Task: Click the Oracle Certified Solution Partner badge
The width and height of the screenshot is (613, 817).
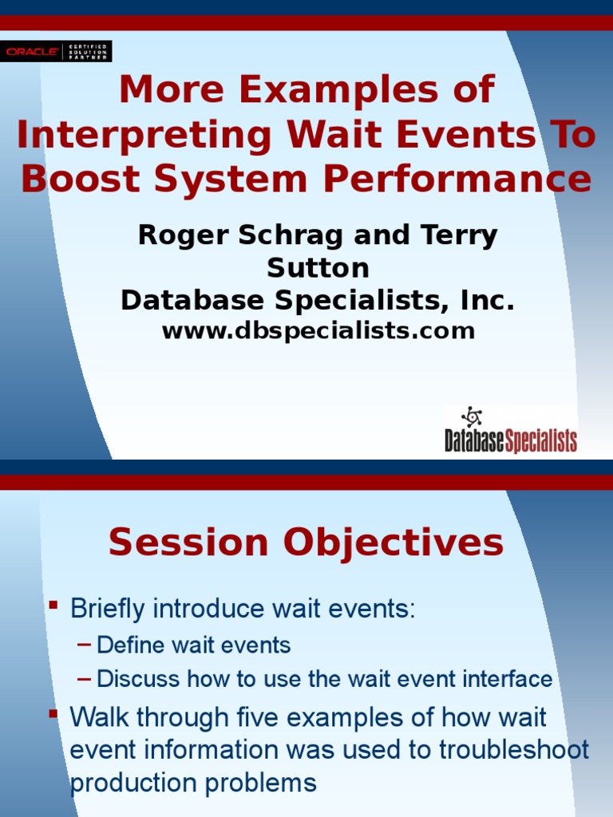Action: [56, 51]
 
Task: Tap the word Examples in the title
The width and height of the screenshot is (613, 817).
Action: [338, 89]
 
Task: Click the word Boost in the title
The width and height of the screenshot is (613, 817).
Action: [81, 179]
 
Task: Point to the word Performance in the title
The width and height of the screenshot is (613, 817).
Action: [457, 179]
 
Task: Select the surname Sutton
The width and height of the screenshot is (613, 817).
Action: [318, 268]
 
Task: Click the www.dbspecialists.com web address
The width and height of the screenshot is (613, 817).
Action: [318, 331]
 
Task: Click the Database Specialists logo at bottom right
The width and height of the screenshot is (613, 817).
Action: [511, 430]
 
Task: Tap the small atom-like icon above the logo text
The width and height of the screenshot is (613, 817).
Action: [471, 416]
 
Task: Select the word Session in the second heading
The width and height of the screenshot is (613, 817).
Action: [188, 543]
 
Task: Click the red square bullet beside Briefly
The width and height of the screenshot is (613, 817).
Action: [53, 605]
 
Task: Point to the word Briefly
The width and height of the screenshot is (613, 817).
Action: [107, 609]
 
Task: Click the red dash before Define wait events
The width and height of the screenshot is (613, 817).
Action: [84, 645]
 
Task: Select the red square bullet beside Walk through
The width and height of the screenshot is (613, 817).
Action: [53, 713]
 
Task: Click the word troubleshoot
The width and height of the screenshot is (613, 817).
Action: [514, 750]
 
